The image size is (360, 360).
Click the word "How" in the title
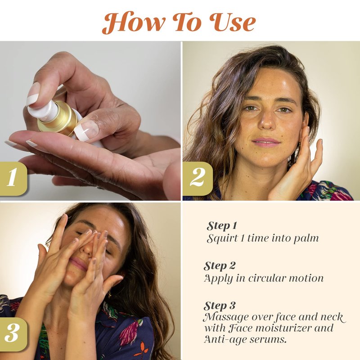coord(134,22)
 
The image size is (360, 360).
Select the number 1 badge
coord(13,179)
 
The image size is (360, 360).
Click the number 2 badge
coord(198,179)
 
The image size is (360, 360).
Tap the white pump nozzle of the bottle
coord(44,111)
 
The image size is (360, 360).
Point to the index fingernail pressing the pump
coord(33,94)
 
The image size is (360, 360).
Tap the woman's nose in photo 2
coord(266,121)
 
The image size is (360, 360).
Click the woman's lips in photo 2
coord(266,142)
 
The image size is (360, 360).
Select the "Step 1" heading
coord(221,226)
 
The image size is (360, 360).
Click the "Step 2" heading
coord(220,266)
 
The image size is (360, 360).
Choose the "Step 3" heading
coord(220,306)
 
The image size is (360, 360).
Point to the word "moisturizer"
coord(284,328)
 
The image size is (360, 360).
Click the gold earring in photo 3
coord(109,293)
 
